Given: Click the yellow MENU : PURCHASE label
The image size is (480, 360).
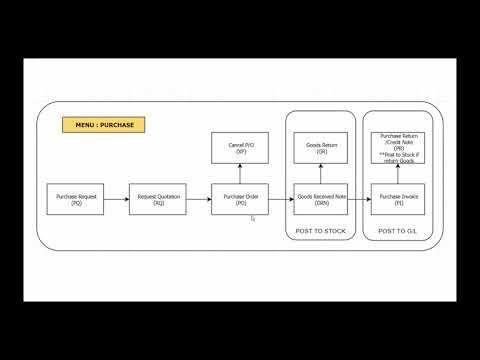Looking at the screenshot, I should (x=105, y=125).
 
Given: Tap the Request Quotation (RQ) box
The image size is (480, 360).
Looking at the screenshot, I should (x=159, y=200).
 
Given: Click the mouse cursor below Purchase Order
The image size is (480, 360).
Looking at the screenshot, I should (x=253, y=217).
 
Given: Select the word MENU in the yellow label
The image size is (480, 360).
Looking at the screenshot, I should (x=87, y=125).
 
